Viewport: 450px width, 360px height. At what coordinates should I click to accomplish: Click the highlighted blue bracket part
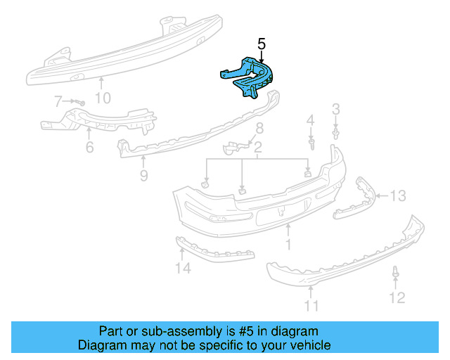pos(247,76)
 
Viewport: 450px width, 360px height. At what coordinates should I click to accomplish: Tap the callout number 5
pos(262,44)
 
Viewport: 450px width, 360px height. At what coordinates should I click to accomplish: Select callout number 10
pos(103,98)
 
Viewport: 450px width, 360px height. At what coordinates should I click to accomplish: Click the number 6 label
pos(89,148)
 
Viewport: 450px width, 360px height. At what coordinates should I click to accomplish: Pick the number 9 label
pos(143,176)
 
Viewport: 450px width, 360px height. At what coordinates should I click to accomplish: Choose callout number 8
pos(259,129)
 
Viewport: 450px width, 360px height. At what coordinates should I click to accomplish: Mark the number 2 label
pos(258,148)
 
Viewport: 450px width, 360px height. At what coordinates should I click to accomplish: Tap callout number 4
pos(310,122)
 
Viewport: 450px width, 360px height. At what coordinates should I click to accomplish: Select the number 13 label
pos(398,195)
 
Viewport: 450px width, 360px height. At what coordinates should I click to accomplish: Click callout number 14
pos(183,267)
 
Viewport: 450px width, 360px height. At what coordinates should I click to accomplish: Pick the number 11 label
pos(311,305)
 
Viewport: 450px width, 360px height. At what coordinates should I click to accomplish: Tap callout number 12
pos(397,298)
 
